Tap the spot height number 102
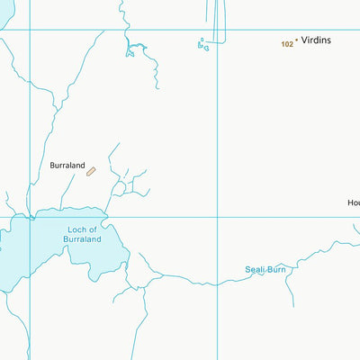coord(287,43)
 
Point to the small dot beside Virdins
coord(297,41)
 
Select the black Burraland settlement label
coord(67,166)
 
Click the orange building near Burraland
coord(91,171)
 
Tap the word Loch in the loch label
coord(76,230)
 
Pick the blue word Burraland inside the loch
coord(83,240)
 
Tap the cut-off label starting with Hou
coord(354,202)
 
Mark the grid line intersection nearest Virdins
coord(218,30)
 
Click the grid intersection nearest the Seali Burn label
coord(218,216)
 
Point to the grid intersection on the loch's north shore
coord(31,216)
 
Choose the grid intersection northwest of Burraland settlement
coord(31,30)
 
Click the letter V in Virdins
coord(305,41)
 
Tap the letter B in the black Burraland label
coord(53,166)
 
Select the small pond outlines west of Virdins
coord(203,43)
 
